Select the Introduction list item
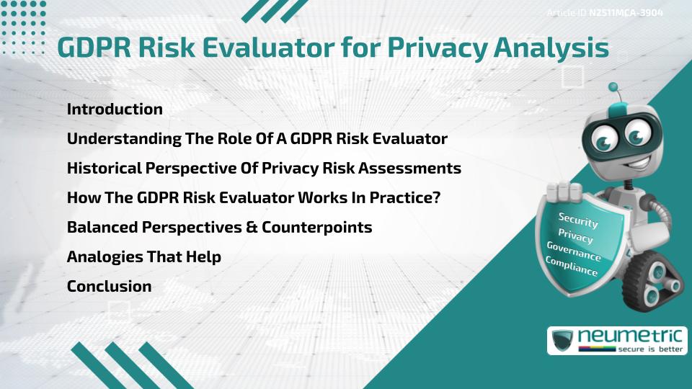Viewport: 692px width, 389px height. click(x=115, y=109)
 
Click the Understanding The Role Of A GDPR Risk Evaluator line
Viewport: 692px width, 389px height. click(x=257, y=138)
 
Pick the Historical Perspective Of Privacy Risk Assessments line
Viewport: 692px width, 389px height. click(x=264, y=168)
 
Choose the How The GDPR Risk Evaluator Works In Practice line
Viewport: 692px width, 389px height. click(x=253, y=197)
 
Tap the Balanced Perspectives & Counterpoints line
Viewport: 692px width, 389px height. click(x=219, y=227)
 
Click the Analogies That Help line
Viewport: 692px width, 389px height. click(x=143, y=256)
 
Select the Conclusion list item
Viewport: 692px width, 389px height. click(x=109, y=286)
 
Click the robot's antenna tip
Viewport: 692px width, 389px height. click(x=613, y=87)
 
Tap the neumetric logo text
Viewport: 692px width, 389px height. click(x=634, y=335)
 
